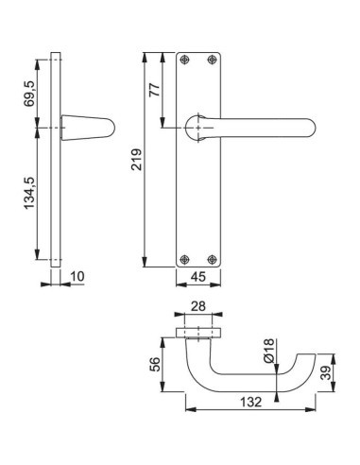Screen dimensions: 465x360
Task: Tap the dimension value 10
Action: pos(77,277)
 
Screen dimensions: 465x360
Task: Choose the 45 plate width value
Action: pos(197,277)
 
